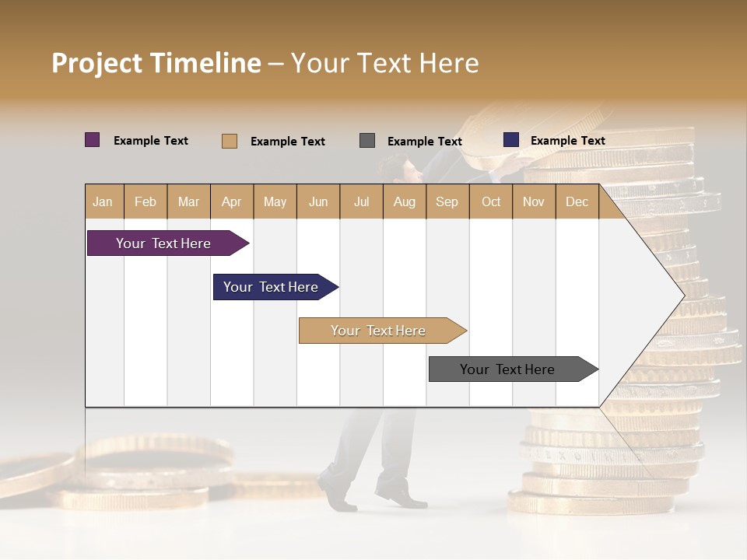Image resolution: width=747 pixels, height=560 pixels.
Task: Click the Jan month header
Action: coord(103,202)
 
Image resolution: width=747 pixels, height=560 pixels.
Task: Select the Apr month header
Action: coord(232,202)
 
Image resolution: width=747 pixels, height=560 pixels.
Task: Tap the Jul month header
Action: coord(361,202)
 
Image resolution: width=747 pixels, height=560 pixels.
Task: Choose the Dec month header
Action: coord(577,202)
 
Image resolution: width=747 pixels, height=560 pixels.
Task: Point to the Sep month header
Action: coord(447,202)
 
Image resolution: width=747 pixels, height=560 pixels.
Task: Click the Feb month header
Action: coord(146,202)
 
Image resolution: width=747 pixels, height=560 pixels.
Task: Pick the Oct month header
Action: coord(491,202)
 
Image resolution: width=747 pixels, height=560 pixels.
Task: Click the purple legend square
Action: coord(93,140)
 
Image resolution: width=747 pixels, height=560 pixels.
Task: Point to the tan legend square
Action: coord(230,141)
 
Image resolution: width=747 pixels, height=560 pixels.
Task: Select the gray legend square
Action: coord(367,141)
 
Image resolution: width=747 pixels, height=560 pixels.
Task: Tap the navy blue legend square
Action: coord(511,140)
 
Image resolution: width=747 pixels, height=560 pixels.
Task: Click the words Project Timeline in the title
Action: coord(156,63)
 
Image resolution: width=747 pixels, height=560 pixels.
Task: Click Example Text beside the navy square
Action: coord(567,141)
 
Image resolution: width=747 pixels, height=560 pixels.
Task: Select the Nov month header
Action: coord(534,202)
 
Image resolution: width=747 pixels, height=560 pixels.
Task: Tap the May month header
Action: coord(275,202)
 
